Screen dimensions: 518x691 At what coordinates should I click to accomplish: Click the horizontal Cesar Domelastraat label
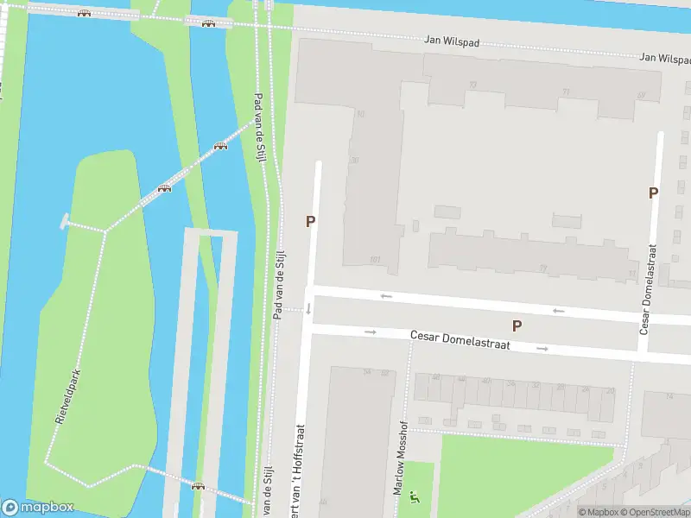(460, 339)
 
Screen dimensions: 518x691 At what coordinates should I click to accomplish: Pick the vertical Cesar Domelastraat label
(648, 288)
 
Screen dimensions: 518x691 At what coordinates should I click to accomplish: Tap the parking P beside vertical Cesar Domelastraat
(654, 193)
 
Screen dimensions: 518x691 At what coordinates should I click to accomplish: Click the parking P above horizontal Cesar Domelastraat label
(517, 325)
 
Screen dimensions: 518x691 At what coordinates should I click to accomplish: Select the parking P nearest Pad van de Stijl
(310, 221)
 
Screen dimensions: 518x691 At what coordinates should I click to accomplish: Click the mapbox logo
(38, 507)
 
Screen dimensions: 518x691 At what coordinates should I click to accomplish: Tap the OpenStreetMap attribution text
(656, 512)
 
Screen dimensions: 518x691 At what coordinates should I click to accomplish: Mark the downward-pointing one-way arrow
(308, 307)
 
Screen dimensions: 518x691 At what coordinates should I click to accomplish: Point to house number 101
(375, 258)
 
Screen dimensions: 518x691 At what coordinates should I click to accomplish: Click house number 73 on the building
(542, 268)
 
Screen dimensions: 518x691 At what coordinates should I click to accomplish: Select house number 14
(671, 395)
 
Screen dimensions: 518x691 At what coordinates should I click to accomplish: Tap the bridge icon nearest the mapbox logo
(199, 486)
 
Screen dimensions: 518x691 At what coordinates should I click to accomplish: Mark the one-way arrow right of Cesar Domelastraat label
(542, 348)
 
